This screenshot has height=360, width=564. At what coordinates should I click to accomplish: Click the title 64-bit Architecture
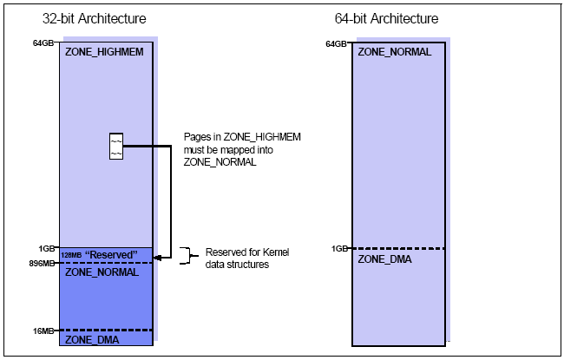click(386, 18)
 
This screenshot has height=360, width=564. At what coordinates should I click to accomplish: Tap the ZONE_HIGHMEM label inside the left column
click(103, 51)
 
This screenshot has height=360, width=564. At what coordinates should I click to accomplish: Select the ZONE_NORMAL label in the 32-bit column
click(102, 272)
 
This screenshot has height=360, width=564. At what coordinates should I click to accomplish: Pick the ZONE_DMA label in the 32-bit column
click(91, 339)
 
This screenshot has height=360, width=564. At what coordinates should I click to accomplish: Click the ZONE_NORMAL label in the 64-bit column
click(395, 51)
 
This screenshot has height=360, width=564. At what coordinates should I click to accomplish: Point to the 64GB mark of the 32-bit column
click(45, 43)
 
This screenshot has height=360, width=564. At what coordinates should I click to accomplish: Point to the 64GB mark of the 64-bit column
click(337, 43)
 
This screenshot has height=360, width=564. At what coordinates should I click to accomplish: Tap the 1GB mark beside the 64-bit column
click(340, 248)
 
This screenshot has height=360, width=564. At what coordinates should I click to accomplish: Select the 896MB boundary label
click(44, 262)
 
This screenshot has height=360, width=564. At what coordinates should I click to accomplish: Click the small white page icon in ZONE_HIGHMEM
click(115, 146)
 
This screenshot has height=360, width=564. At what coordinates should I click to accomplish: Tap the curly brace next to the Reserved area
click(185, 254)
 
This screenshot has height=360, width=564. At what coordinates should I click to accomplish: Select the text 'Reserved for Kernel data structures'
click(246, 258)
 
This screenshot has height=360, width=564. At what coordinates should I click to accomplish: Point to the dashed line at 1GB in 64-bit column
click(398, 249)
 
